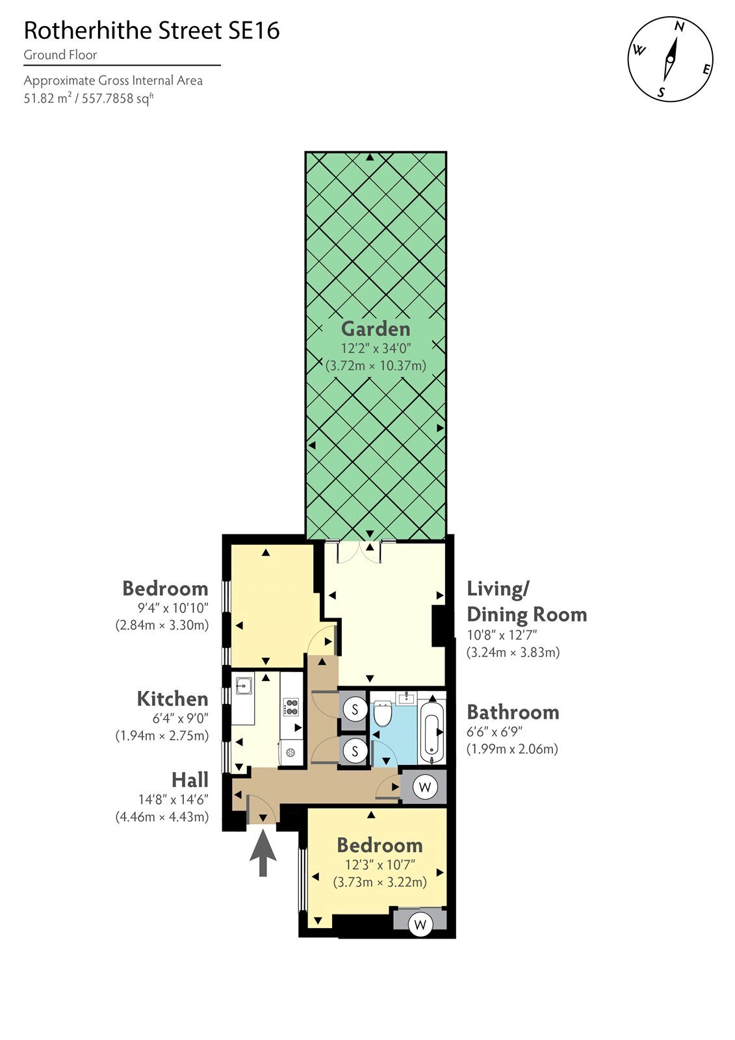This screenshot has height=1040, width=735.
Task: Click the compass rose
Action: point(670,59)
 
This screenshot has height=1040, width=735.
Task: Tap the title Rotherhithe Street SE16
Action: point(152,31)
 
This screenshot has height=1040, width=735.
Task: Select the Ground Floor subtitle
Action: point(60,55)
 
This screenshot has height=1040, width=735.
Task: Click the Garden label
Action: point(376,329)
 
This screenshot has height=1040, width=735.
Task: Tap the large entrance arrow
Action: point(263,853)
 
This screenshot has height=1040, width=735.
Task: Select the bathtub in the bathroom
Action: point(432,727)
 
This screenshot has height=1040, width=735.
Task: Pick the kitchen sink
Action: point(244,684)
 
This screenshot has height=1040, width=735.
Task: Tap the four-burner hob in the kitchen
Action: point(292,707)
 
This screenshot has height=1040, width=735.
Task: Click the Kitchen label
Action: point(172,699)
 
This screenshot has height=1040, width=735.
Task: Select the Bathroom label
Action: point(513,712)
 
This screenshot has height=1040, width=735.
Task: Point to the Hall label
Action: point(190,780)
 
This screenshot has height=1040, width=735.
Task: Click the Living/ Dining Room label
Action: point(527,602)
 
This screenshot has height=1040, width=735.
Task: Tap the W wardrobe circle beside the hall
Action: point(425,787)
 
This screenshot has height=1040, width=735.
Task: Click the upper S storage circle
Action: point(355,709)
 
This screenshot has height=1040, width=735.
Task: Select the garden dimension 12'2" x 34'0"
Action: point(376,348)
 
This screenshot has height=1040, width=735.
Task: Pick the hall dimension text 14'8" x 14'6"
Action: point(173,799)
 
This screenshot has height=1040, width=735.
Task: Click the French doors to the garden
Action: point(360,552)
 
